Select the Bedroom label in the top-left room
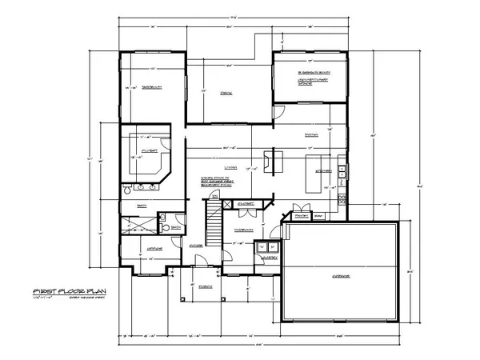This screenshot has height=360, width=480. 148,88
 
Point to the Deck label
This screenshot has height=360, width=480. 226,93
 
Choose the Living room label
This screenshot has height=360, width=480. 233,166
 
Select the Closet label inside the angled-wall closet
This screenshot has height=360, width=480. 147,150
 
